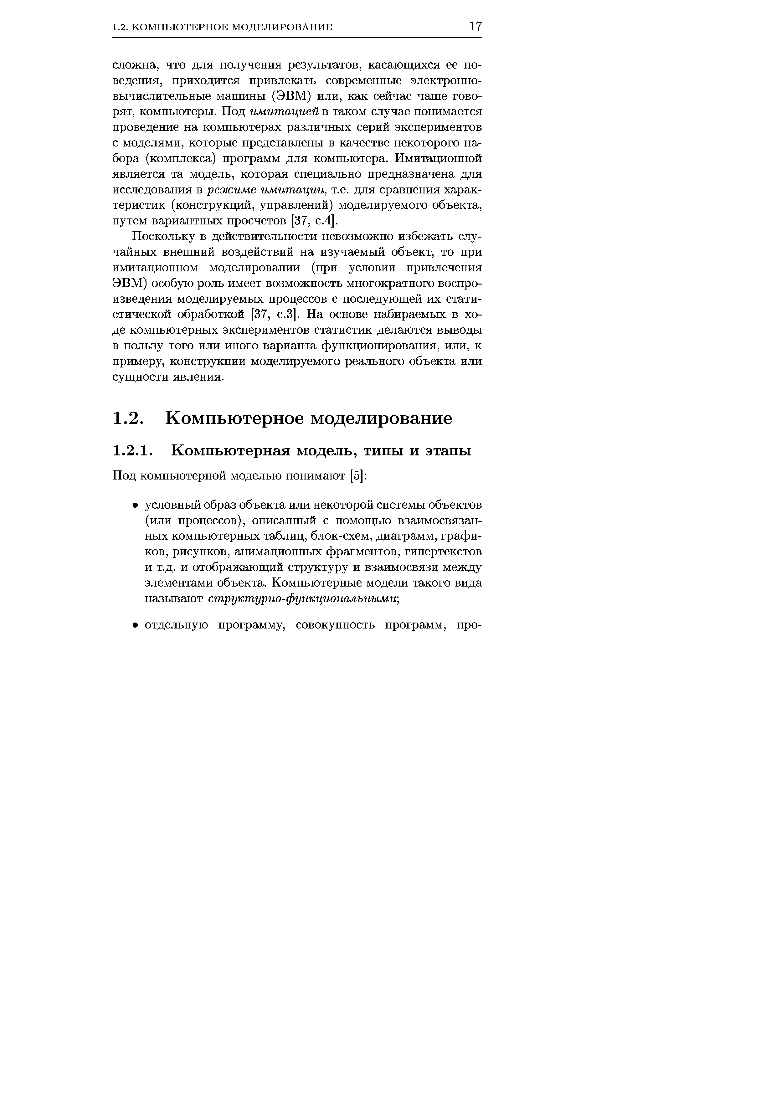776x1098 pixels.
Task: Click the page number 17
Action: pos(475,26)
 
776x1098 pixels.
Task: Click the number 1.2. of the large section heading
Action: pos(128,418)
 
